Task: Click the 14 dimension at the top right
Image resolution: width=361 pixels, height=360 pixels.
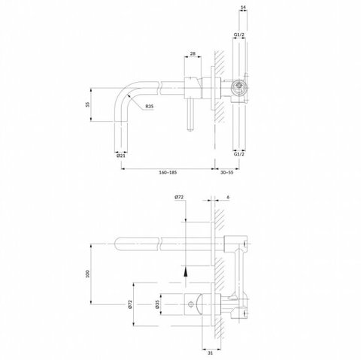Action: coord(243,8)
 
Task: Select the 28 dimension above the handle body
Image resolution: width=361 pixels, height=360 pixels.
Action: coord(193,53)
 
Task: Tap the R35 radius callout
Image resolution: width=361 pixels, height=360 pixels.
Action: coord(149,106)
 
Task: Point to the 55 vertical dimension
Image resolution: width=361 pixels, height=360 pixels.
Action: coord(87,104)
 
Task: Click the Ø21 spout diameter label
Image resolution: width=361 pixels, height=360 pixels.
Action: coord(121,156)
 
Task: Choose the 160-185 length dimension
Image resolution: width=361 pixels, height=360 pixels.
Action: coord(168,172)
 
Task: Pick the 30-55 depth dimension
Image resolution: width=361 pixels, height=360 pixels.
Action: coord(227,172)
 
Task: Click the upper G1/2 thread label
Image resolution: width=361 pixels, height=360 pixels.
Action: coord(239,35)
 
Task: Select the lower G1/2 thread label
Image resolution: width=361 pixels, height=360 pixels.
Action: coord(239,154)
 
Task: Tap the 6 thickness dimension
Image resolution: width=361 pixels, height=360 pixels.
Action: coord(228,197)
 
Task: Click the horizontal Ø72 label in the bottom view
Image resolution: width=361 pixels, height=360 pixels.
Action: coord(179,197)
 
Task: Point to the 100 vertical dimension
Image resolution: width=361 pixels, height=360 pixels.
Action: coord(87,274)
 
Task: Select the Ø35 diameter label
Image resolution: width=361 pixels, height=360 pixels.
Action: coord(157,304)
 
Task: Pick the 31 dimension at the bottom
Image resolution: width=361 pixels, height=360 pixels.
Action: coord(211,353)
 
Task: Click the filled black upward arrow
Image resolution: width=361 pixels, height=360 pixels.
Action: coord(186,271)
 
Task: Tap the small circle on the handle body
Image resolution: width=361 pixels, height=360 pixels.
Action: coord(191,304)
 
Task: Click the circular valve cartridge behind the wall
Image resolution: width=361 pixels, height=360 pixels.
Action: coord(239,88)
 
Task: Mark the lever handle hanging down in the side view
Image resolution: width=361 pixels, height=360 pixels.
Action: coord(191,114)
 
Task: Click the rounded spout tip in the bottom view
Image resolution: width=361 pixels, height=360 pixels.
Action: coord(118,244)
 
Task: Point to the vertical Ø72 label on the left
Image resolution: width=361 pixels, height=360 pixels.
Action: coord(129,304)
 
